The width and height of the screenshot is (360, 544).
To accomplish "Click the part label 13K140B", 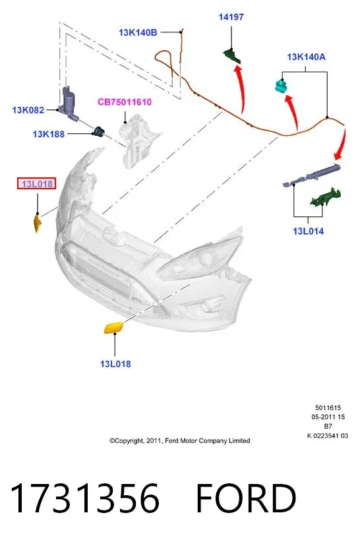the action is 138,32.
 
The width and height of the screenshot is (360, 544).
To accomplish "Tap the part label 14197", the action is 231,16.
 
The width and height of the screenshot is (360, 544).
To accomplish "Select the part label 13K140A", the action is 306,57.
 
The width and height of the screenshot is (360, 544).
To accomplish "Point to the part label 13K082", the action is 28,110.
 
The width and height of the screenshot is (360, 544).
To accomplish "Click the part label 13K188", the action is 49,134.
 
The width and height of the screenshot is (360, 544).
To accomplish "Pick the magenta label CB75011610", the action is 125,102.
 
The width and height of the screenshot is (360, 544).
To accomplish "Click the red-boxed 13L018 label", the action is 37,183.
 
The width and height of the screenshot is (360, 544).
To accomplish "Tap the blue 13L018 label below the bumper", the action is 115,364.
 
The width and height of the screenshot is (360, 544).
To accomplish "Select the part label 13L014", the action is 309,231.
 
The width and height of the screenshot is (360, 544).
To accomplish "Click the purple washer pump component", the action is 69,102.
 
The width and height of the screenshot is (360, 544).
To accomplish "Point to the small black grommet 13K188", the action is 98,131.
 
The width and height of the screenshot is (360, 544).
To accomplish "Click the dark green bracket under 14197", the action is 231,55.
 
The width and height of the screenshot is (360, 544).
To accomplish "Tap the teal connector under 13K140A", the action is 282,86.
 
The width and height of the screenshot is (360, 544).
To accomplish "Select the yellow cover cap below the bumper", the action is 114,328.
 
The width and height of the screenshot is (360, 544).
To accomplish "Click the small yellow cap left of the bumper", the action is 37,223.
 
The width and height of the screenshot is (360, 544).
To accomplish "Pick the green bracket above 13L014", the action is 325,198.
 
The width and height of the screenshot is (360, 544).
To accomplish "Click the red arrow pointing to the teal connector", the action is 293,111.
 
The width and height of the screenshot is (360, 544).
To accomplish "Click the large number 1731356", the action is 84,499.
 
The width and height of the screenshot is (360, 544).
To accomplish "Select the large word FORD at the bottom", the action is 246,499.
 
